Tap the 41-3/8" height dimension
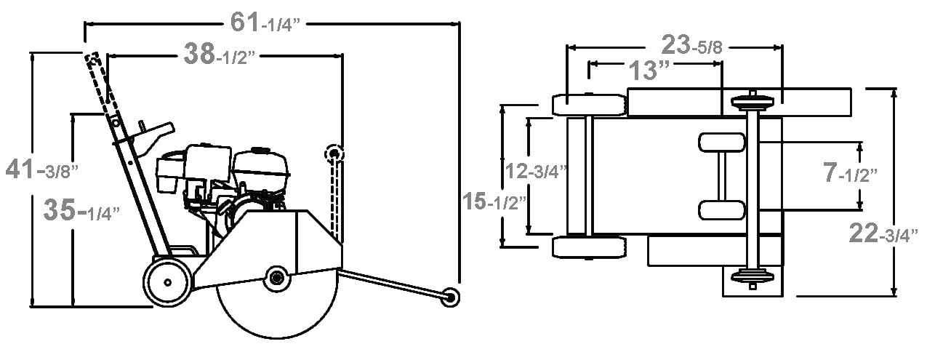pyautogui.click(x=41, y=169)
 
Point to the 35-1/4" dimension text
pyautogui.click(x=81, y=209)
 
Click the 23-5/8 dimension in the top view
pyautogui.click(x=692, y=45)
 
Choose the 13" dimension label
pyautogui.click(x=649, y=70)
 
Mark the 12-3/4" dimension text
pyautogui.click(x=536, y=170)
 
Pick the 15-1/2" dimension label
pyautogui.click(x=494, y=201)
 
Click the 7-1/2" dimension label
pyautogui.click(x=850, y=172)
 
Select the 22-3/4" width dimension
pyautogui.click(x=883, y=233)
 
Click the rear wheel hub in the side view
pyautogui.click(x=168, y=283)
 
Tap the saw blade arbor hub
pyautogui.click(x=276, y=278)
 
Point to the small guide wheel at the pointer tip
pyautogui.click(x=450, y=297)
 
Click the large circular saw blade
pyautogui.click(x=277, y=314)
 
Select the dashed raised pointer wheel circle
pyautogui.click(x=334, y=154)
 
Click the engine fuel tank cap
pyautogui.click(x=260, y=150)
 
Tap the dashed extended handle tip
pyautogui.click(x=94, y=59)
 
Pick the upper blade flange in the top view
pyautogui.click(x=753, y=103)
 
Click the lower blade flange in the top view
pyautogui.click(x=753, y=276)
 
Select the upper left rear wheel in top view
pyautogui.click(x=590, y=105)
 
